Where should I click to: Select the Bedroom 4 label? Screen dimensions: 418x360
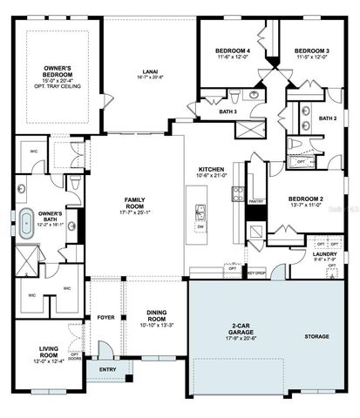point(233,51)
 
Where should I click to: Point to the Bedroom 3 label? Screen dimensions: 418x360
point(310,51)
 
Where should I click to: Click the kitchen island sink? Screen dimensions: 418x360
point(200,210)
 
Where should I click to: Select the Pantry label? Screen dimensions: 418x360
point(255,201)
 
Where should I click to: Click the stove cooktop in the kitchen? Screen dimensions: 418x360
point(256,233)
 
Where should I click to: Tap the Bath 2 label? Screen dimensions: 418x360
point(328,118)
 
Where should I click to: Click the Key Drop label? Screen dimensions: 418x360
point(256,273)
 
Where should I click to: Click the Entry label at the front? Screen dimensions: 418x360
point(107,369)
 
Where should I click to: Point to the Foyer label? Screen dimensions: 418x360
point(106,317)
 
